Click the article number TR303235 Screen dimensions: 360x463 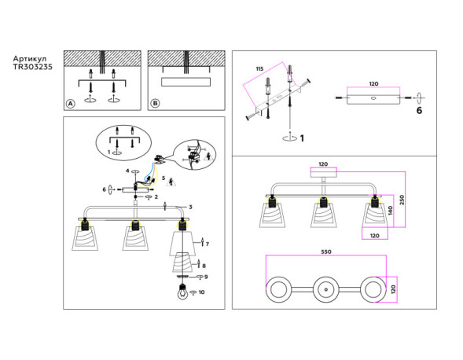click(33, 68)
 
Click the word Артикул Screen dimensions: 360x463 click(30, 59)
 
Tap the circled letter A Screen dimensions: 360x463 click(71, 103)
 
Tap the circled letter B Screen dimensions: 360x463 click(155, 103)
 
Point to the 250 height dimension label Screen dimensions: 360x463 click(401, 200)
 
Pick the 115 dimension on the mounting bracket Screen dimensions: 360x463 click(259, 70)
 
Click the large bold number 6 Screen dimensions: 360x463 click(419, 111)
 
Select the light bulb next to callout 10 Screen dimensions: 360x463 click(182, 294)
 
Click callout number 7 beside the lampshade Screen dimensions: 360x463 click(208, 244)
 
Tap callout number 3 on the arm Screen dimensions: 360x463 click(190, 207)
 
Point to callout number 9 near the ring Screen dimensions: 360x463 click(206, 277)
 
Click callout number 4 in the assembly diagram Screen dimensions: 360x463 click(127, 171)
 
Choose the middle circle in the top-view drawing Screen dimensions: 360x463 click(325, 289)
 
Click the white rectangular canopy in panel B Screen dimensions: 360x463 click(186, 82)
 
